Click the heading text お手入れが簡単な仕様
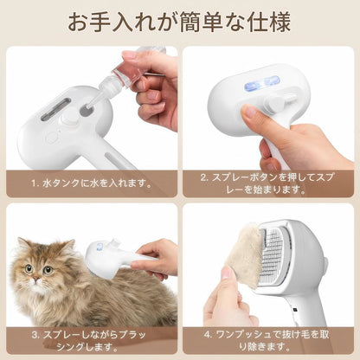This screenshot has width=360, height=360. coord(179,21)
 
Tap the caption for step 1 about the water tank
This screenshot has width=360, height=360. coord(91,183)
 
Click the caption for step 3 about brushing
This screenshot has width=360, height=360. coord(91,340)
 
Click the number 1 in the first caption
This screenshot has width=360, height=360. coord(34,183)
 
